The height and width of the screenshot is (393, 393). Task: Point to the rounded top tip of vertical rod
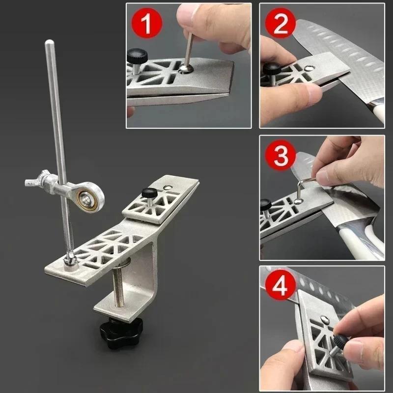[x=49, y=44]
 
